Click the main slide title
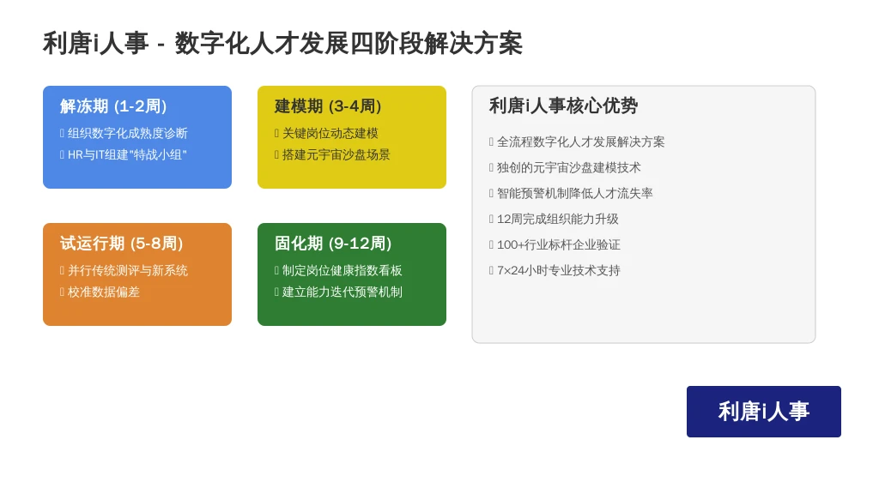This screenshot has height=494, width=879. tap(282, 43)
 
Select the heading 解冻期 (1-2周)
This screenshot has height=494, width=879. tap(113, 105)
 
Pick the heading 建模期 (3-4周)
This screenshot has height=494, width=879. tap(328, 105)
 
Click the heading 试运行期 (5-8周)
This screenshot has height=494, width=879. tap(122, 243)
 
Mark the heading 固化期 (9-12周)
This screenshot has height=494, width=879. tap(333, 243)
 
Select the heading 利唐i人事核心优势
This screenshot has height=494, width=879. tap(563, 105)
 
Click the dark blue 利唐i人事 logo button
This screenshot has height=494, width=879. tap(763, 412)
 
